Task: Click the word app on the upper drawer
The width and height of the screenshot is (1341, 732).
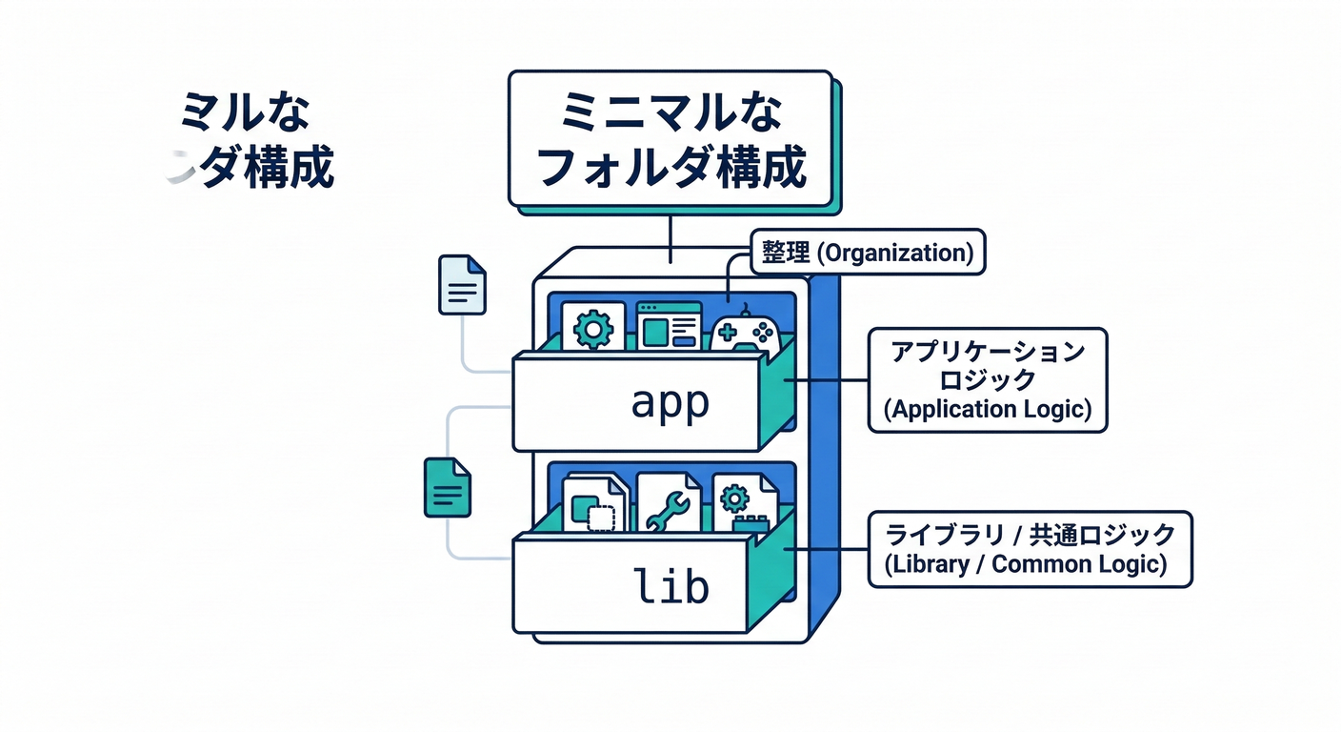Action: coord(670,403)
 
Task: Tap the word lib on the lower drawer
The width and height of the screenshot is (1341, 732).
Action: coord(672,584)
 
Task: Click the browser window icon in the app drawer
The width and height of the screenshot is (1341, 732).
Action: coord(669,327)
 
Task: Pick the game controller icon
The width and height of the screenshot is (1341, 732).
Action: coord(745,332)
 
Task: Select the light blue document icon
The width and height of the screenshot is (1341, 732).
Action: coord(462,284)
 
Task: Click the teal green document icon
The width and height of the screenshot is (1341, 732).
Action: coord(447,487)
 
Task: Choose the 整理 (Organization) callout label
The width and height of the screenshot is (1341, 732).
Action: coord(867,253)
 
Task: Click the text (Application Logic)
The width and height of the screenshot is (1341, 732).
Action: coord(988,409)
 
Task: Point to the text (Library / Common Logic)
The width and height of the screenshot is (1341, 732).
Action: coord(1030,563)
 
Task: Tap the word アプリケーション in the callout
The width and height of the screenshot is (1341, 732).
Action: coord(988,352)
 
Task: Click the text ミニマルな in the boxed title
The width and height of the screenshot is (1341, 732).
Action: coord(672,113)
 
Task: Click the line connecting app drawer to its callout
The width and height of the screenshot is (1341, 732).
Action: coord(829,379)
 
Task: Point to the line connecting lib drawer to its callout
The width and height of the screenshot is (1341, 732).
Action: coord(829,548)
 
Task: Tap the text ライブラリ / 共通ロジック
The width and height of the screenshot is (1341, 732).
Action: coord(1030,534)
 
